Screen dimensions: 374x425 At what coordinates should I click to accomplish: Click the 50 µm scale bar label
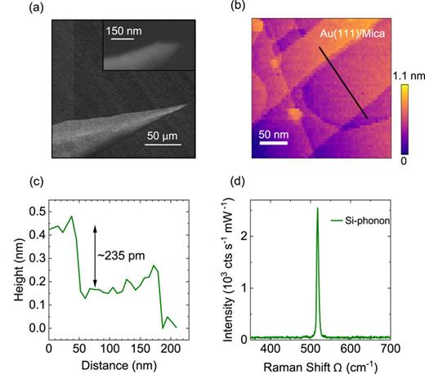[163, 136]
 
